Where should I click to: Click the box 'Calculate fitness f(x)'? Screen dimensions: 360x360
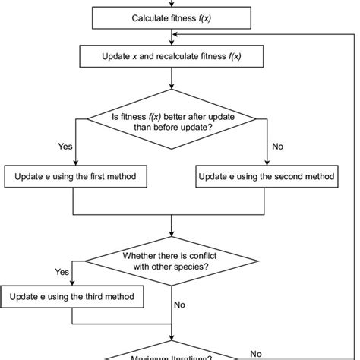(172, 17)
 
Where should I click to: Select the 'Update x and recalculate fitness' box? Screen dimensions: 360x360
(172, 56)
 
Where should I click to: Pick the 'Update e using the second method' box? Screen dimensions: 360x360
(266, 176)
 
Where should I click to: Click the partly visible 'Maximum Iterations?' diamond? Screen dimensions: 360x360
(172, 355)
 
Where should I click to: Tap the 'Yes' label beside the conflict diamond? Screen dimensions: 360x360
(62, 270)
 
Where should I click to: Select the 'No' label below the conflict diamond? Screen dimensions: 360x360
(179, 305)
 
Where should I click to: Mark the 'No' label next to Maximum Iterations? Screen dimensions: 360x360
(256, 353)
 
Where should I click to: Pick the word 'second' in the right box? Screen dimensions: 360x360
(285, 176)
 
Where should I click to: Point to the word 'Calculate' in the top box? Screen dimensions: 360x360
(152, 17)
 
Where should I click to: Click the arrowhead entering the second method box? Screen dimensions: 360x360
(266, 163)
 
